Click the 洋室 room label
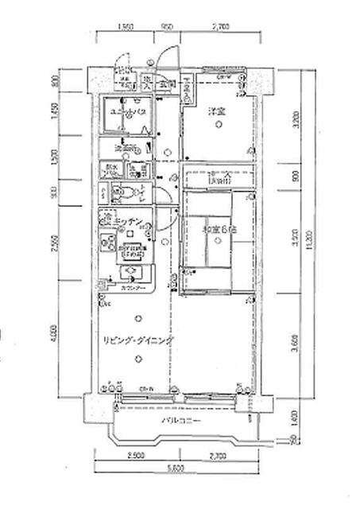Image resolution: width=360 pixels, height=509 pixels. (x=218, y=110)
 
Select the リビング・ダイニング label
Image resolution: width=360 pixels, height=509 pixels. (x=138, y=340)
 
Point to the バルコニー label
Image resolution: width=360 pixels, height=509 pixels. (x=181, y=420)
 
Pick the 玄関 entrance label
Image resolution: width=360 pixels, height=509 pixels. (x=166, y=82)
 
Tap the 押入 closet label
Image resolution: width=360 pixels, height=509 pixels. (x=219, y=180)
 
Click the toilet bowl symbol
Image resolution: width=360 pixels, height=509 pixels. (x=120, y=191)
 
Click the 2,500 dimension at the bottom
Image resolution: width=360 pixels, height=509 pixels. (x=135, y=457)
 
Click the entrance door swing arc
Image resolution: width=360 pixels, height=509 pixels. (x=165, y=56)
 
